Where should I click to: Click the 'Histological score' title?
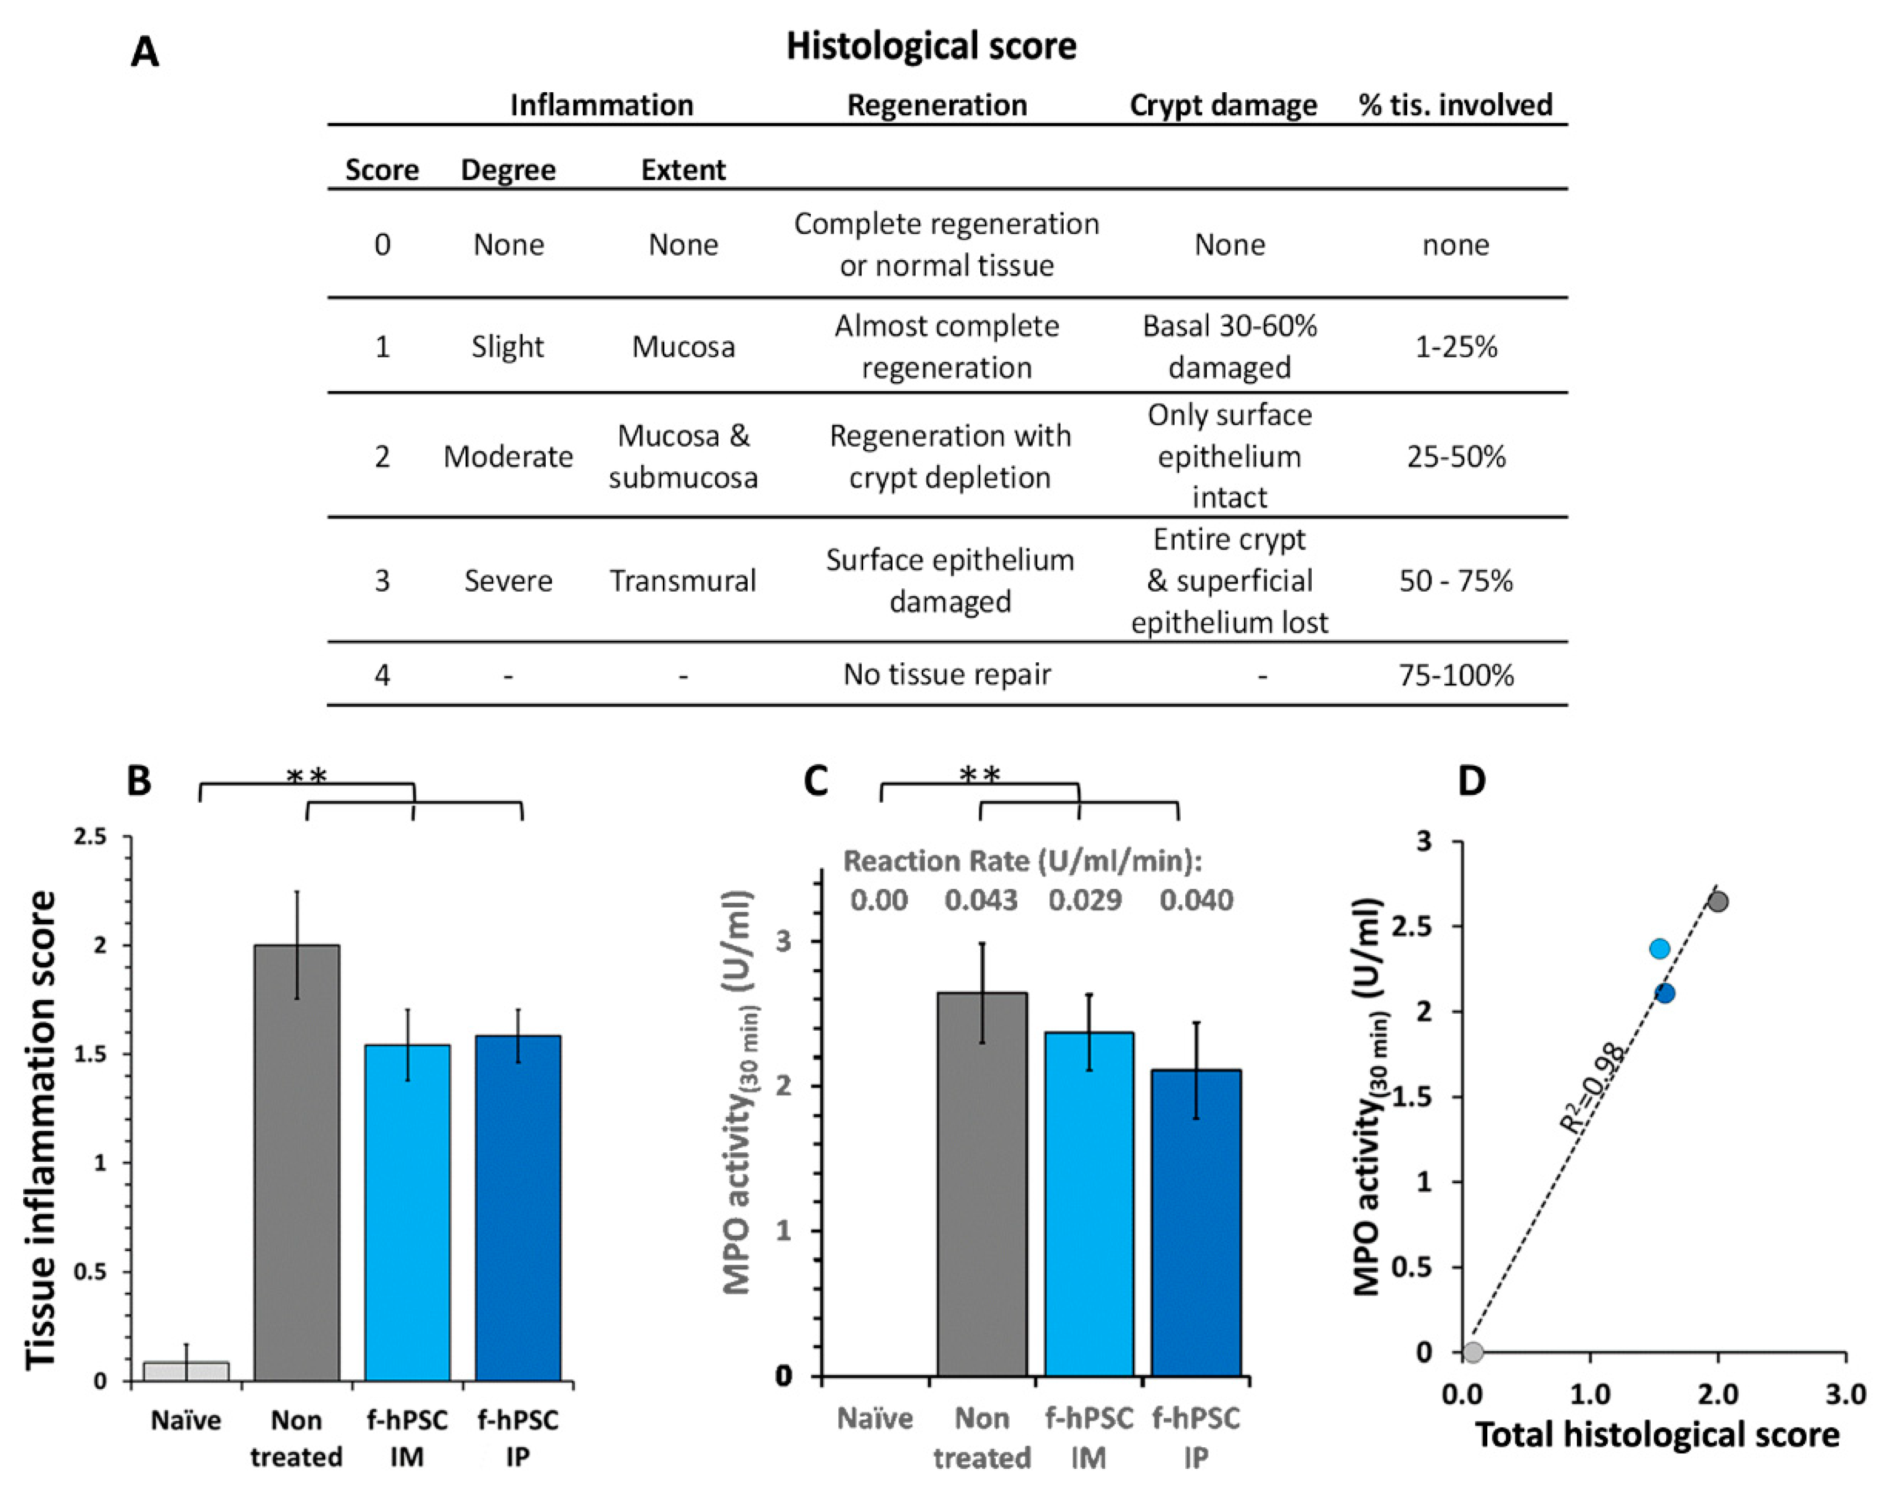(x=931, y=46)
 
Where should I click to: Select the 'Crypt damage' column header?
(x=1222, y=106)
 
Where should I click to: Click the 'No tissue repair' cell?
(x=947, y=675)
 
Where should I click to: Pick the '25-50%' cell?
(x=1455, y=457)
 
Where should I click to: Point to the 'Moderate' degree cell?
(x=508, y=457)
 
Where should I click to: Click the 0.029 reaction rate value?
(x=1084, y=899)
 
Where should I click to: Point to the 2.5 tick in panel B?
(x=91, y=837)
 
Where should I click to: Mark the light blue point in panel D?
(x=1659, y=948)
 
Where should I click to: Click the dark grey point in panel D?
(x=1717, y=902)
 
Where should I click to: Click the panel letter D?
(x=1471, y=781)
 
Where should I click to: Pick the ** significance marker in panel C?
(x=980, y=773)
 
